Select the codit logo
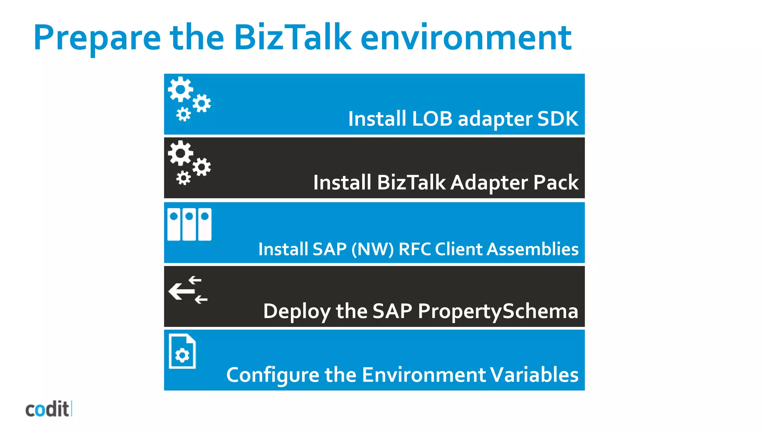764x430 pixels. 48,409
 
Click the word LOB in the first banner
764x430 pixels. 432,119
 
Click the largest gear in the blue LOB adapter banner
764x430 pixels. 181,89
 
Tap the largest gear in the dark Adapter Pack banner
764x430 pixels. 181,153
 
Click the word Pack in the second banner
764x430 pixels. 556,183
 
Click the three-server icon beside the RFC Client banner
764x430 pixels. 190,224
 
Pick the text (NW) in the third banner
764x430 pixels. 372,249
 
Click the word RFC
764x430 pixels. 414,249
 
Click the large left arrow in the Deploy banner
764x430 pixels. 181,291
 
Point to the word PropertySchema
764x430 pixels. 498,311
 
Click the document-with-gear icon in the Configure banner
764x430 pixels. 182,352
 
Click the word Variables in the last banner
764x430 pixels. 534,375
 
